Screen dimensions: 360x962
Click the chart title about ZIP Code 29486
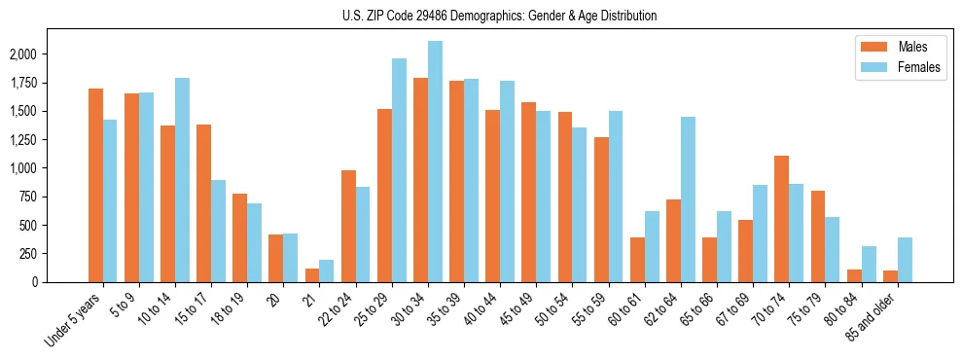tap(500, 16)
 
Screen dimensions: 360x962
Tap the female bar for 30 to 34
tap(435, 162)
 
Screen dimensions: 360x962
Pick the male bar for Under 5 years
tap(95, 185)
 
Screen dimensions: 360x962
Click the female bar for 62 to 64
tap(688, 199)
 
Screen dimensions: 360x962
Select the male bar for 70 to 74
tap(781, 219)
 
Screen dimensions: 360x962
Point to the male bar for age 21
tap(312, 275)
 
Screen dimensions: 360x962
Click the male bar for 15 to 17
tap(203, 203)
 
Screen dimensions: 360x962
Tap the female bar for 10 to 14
tap(182, 180)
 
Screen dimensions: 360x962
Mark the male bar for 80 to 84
tap(853, 275)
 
